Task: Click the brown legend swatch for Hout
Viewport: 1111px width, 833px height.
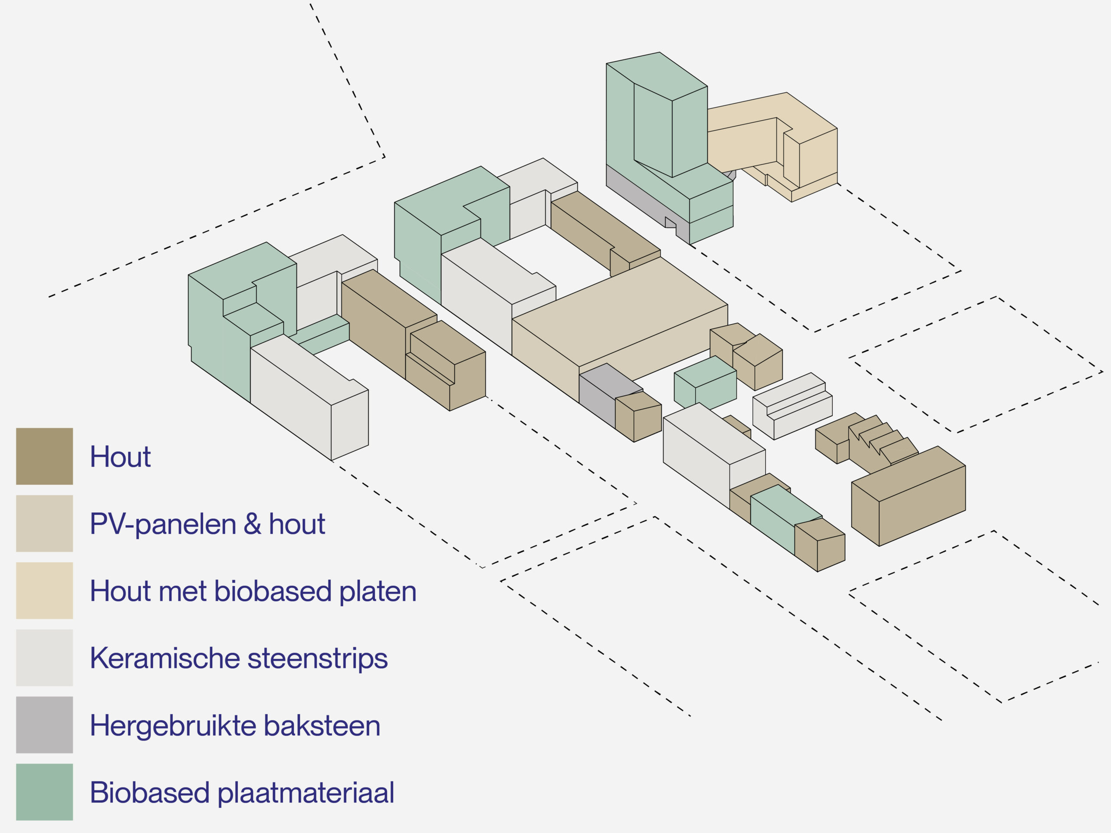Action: coord(44,456)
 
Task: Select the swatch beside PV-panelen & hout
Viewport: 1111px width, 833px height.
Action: coord(44,523)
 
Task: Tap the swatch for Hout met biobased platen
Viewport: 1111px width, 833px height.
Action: coord(44,590)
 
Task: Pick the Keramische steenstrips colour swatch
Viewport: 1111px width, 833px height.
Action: coord(44,657)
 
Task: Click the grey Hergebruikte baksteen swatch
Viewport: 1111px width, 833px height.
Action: coord(44,725)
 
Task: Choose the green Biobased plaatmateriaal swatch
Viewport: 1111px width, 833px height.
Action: coord(44,792)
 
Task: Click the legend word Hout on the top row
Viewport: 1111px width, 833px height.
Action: coord(120,456)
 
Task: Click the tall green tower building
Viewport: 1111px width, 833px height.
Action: coord(653,125)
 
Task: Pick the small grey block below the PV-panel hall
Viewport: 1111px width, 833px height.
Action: coord(598,397)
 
